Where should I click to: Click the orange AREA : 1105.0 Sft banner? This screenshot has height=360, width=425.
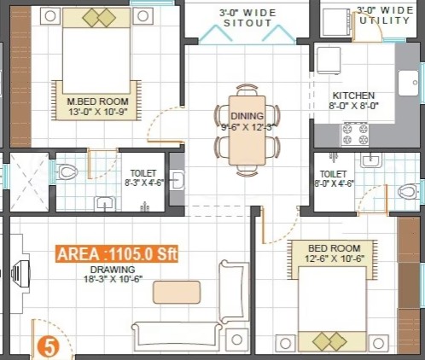click(x=117, y=253)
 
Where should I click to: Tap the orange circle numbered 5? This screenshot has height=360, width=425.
click(x=49, y=346)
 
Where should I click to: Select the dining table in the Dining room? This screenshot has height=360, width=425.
click(x=247, y=131)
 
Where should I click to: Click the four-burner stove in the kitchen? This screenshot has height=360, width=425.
click(x=355, y=134)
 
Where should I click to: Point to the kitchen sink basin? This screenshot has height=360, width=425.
click(x=409, y=83)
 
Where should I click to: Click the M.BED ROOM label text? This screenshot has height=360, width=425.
click(x=97, y=102)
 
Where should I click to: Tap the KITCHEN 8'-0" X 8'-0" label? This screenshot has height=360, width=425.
click(x=353, y=101)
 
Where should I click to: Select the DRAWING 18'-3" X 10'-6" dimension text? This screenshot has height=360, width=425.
click(x=114, y=275)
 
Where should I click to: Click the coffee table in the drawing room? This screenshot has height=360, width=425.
click(x=177, y=292)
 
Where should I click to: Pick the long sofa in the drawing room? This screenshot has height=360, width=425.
click(x=177, y=337)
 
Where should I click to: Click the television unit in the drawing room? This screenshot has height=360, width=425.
click(x=20, y=274)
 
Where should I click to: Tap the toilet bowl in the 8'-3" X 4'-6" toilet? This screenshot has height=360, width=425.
click(x=67, y=172)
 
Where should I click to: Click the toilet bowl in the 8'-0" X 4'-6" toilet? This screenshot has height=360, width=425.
click(x=408, y=191)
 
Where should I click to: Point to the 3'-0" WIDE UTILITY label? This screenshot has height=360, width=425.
click(x=385, y=15)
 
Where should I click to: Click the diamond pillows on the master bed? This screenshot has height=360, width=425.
click(x=99, y=18)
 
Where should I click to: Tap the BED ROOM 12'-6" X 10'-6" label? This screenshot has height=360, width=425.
click(x=335, y=253)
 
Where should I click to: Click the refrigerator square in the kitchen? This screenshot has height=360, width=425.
click(x=329, y=61)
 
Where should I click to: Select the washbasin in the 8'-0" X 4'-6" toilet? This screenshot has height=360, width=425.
click(x=371, y=160)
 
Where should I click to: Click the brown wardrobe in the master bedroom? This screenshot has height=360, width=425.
click(x=20, y=76)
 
